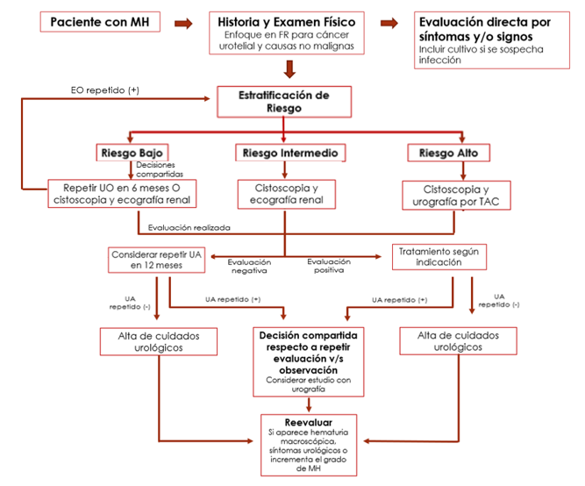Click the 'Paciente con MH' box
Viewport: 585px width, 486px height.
point(100,21)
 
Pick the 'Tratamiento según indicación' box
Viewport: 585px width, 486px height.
point(438,256)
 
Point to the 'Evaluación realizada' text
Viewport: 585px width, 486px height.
point(189,227)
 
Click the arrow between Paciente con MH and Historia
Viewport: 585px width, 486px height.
point(182,21)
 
